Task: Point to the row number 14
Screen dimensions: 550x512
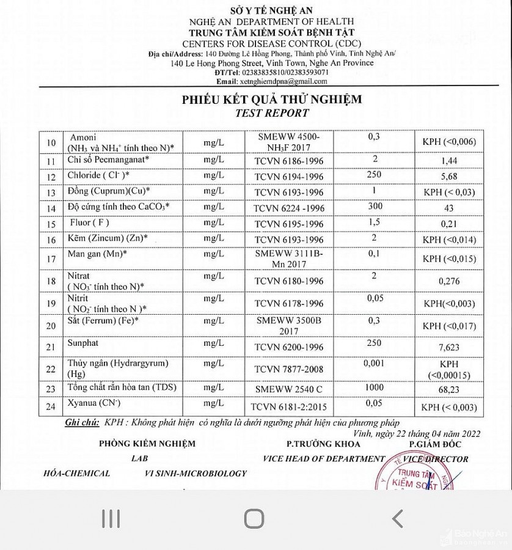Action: click(x=51, y=208)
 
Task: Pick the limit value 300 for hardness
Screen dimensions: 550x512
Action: click(x=375, y=205)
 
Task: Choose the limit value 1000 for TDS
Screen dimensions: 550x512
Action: click(x=375, y=387)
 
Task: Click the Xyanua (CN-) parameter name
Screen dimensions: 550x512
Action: click(x=94, y=403)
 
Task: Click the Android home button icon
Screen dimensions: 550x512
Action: click(x=254, y=519)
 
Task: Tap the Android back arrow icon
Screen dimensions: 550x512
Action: click(x=397, y=519)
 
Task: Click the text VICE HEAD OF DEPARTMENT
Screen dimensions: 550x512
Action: click(x=323, y=459)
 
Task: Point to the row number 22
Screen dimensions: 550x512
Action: click(x=51, y=369)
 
